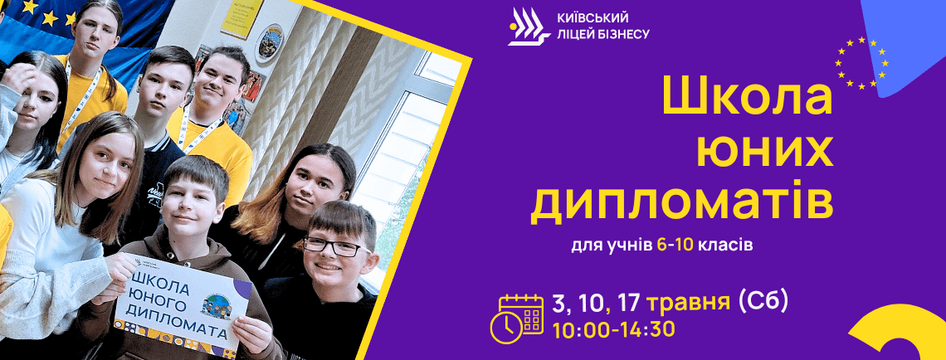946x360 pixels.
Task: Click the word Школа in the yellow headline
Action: click(x=748, y=96)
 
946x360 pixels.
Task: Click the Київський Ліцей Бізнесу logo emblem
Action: click(x=529, y=27)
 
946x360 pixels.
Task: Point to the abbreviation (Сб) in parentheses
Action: click(x=763, y=301)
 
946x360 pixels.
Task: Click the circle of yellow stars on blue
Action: click(x=861, y=63)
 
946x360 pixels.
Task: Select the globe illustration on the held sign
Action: click(x=217, y=304)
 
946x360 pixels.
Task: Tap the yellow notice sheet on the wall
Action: click(x=242, y=18)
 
